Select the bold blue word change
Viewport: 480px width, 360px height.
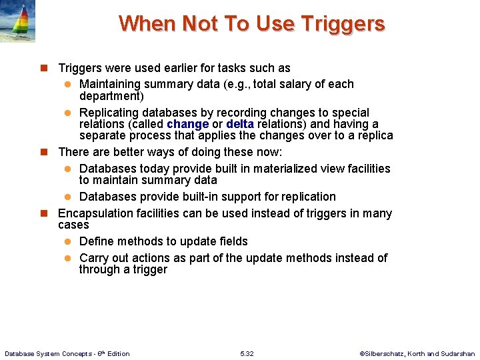pyautogui.click(x=187, y=124)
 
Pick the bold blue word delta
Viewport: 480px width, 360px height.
pyautogui.click(x=240, y=124)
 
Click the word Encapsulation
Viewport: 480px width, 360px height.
pyautogui.click(x=95, y=213)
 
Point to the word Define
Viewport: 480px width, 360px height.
pyautogui.click(x=96, y=241)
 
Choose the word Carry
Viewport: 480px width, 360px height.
pyautogui.click(x=93, y=258)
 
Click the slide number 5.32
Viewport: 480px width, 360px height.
pyautogui.click(x=247, y=353)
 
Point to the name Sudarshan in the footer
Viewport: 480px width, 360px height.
pyautogui.click(x=457, y=353)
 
